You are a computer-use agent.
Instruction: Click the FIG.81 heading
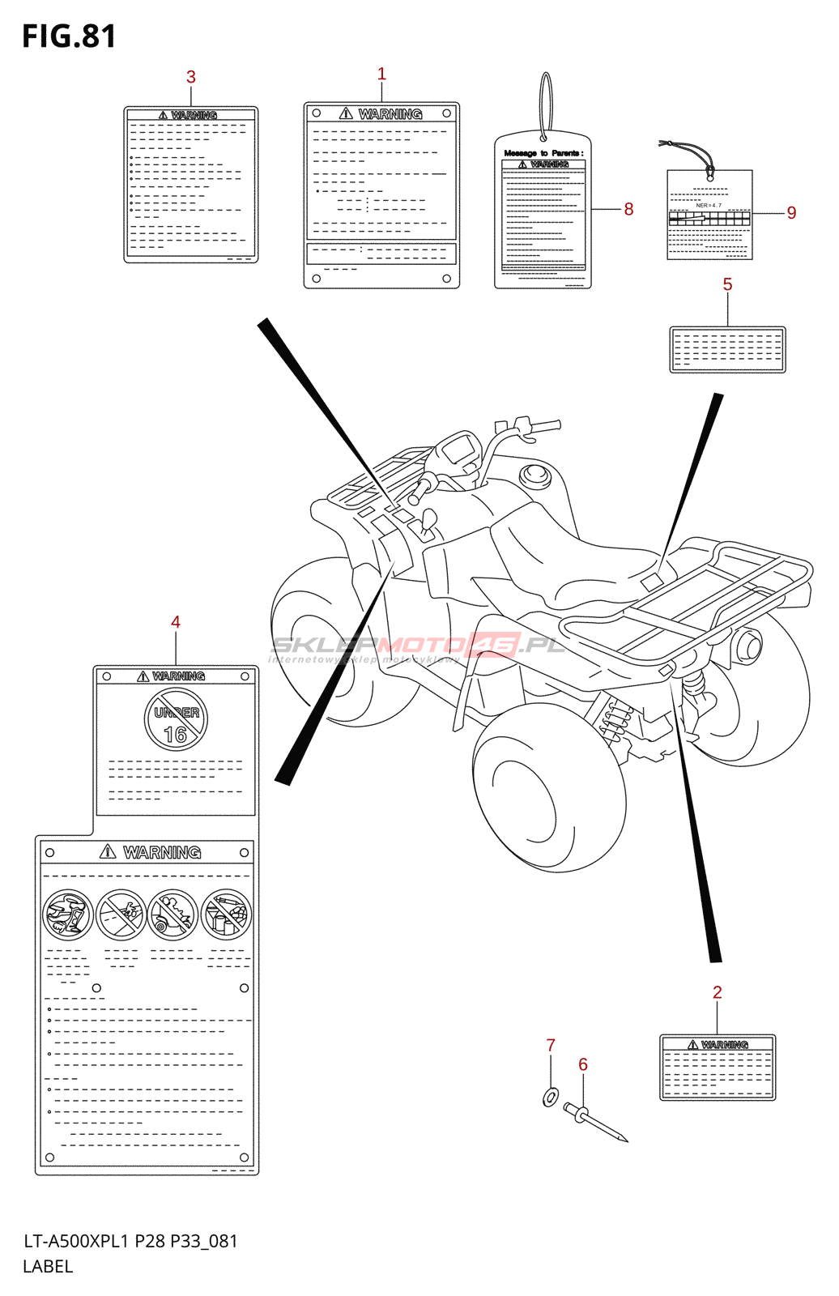coord(69,36)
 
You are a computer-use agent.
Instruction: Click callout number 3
coord(191,77)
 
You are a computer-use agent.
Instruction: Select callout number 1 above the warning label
coord(381,74)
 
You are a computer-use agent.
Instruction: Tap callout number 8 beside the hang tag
coord(628,209)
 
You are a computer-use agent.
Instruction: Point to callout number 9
coord(791,213)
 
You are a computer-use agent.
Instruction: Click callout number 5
coord(727,284)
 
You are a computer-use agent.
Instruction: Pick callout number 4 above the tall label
coord(176,622)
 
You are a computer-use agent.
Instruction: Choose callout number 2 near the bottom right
coord(717,992)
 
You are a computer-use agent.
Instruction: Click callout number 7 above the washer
coord(551,1046)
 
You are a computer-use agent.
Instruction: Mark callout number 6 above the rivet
coord(583,1064)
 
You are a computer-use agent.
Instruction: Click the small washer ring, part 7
coord(550,1098)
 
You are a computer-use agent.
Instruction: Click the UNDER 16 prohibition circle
coord(176,719)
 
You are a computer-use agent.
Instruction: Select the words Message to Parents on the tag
coord(543,153)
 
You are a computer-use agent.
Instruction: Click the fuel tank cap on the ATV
coord(535,473)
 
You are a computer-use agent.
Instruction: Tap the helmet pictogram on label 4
coord(67,914)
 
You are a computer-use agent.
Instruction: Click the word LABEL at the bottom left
coord(48,1267)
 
